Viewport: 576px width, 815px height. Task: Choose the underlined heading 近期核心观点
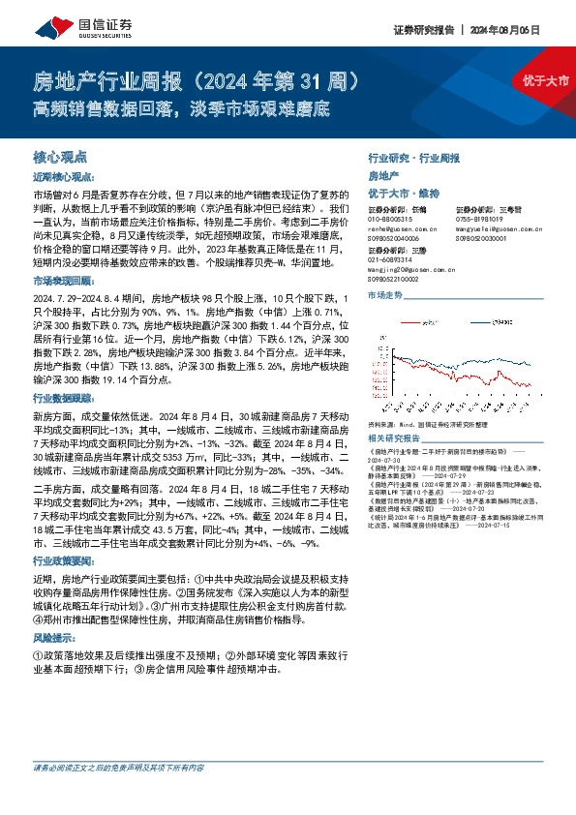click(x=63, y=177)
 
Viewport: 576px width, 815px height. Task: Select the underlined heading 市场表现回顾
click(x=63, y=280)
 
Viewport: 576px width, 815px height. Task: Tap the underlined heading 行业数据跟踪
click(x=63, y=398)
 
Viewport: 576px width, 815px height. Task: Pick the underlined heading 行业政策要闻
click(x=63, y=559)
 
